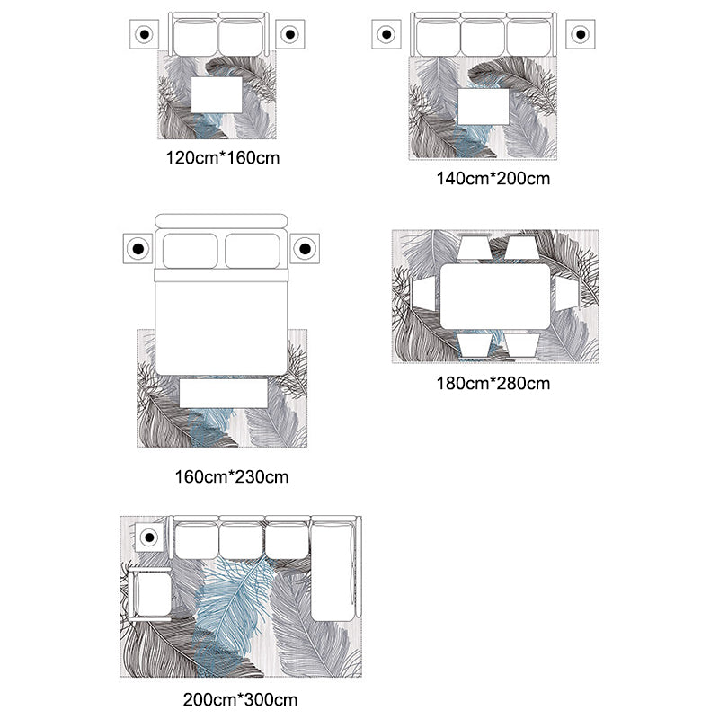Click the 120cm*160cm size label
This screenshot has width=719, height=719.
tap(222, 158)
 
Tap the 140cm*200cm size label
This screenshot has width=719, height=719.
tap(493, 178)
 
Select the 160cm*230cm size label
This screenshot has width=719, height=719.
tap(232, 477)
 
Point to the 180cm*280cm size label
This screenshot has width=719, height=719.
tap(493, 384)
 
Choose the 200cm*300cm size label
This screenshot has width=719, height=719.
tap(240, 700)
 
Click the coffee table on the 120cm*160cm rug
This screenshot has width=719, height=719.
tap(217, 95)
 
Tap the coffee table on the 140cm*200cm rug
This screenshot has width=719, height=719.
tap(484, 106)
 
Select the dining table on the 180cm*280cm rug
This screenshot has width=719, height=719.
tap(495, 297)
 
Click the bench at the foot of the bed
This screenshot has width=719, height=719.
tap(223, 393)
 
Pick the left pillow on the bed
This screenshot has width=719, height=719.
tap(191, 251)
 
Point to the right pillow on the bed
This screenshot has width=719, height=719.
tap(253, 251)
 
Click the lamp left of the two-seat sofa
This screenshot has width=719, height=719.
tap(144, 34)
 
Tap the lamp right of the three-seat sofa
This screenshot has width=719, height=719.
tap(581, 34)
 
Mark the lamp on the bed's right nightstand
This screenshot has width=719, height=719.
tap(305, 249)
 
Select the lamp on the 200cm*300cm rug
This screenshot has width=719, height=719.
tap(149, 537)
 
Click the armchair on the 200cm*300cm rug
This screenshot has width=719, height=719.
tap(150, 594)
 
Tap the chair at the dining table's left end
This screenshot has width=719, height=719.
tap(423, 294)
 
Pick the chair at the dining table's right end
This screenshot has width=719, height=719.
tap(567, 294)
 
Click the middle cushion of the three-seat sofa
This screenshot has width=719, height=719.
tap(483, 37)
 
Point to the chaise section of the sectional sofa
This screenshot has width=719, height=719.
tap(333, 570)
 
